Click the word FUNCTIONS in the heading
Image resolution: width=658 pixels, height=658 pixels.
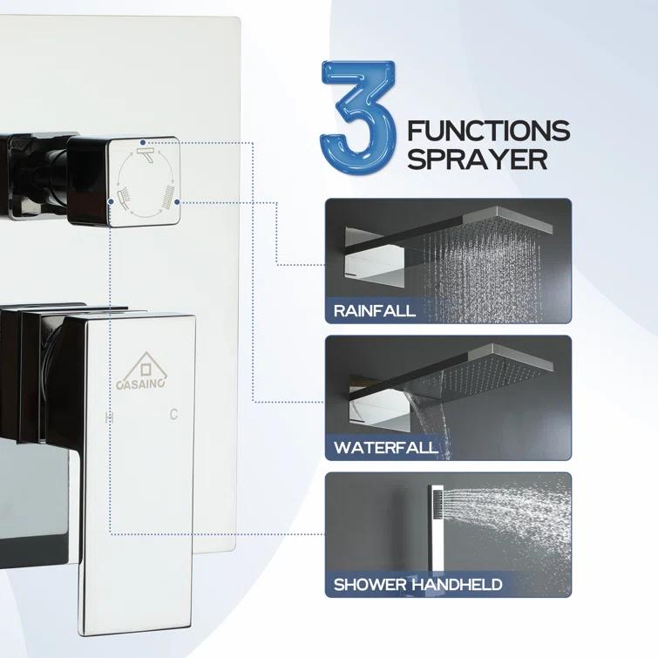point(488,132)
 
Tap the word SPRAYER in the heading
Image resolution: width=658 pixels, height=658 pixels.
point(478,160)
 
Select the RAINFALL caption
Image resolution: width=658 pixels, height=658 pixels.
point(375,310)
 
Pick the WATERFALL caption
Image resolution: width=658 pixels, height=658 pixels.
point(385,449)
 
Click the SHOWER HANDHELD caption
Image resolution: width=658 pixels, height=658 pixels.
point(417,584)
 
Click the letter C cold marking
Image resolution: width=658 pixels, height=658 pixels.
point(173,416)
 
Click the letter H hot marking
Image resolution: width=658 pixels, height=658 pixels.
point(109,417)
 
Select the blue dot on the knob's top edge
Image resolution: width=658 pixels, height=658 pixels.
point(142,139)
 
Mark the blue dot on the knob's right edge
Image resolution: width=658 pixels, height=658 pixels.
point(177,201)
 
